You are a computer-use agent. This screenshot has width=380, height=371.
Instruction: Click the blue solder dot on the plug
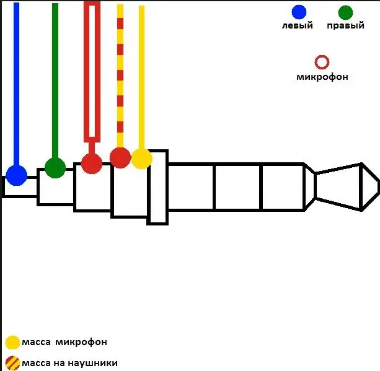click(x=16, y=175)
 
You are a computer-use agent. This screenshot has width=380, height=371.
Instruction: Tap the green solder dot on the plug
click(x=55, y=168)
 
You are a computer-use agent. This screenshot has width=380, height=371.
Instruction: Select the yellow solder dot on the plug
click(x=142, y=159)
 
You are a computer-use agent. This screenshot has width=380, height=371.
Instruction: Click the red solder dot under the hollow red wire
click(x=92, y=164)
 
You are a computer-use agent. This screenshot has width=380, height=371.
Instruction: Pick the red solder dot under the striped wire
click(x=120, y=157)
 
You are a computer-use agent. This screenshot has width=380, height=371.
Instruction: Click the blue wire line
click(x=16, y=84)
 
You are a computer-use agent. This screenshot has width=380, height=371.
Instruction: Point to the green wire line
click(x=55, y=81)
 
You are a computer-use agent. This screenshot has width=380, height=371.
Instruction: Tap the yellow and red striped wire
click(x=120, y=76)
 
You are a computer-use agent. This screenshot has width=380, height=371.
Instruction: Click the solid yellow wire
click(x=142, y=77)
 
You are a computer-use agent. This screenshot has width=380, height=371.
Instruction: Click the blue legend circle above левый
click(x=299, y=12)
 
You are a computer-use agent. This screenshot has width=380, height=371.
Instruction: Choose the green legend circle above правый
click(x=345, y=12)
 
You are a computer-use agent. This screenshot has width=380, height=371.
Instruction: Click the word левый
click(x=298, y=25)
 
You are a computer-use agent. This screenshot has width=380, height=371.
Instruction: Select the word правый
click(x=345, y=25)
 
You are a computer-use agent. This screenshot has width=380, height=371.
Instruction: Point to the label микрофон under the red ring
click(x=322, y=77)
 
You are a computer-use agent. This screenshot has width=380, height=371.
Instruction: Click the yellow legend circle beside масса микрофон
click(x=12, y=343)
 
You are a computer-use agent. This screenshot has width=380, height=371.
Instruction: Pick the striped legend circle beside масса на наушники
click(x=12, y=363)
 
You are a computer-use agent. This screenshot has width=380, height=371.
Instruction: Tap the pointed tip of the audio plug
click(x=379, y=186)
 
